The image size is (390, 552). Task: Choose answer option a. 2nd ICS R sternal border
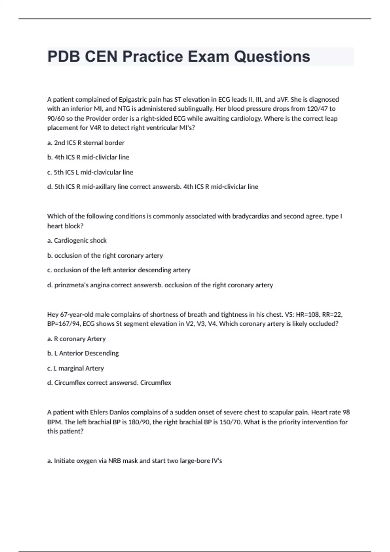click(x=86, y=143)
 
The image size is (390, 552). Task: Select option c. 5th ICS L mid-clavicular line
click(x=90, y=172)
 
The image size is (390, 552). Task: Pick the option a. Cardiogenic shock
click(x=77, y=241)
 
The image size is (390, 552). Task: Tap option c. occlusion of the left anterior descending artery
click(x=119, y=270)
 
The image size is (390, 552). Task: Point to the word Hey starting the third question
click(x=53, y=315)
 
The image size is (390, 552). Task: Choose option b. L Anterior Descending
click(x=83, y=353)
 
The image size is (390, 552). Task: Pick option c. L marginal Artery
click(x=75, y=368)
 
